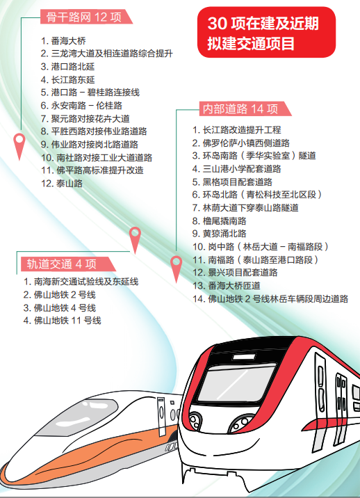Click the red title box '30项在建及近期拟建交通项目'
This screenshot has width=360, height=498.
tap(266, 33)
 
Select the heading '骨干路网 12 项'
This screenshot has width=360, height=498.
tap(84, 17)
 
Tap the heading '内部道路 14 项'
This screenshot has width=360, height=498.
tap(240, 109)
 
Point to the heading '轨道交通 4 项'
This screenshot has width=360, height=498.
tap(61, 264)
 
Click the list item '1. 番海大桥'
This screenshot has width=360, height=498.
tap(63, 40)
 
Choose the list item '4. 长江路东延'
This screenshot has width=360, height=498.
tap(68, 79)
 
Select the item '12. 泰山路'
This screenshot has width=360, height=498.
tap(62, 183)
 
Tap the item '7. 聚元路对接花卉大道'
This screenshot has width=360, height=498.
tap(85, 118)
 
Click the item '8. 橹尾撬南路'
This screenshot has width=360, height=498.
tap(220, 220)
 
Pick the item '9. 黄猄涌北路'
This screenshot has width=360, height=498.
tap(220, 234)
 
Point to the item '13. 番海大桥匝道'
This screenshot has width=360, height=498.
tap(227, 286)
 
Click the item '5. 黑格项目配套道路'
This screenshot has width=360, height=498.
tap(232, 182)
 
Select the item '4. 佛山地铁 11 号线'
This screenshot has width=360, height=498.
tap(63, 321)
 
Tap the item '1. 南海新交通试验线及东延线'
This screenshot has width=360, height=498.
tap(81, 282)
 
